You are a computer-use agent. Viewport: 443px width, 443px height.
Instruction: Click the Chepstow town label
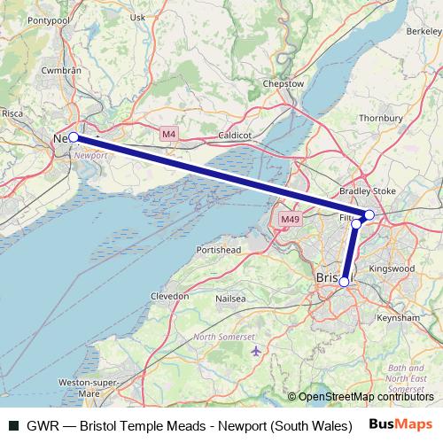[284, 84]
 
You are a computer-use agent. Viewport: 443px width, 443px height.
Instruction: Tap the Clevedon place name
[170, 296]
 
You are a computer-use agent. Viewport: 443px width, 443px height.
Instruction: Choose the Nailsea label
[229, 299]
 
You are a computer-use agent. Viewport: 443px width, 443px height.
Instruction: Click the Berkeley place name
[424, 31]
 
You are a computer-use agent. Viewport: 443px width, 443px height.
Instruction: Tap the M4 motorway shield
[169, 133]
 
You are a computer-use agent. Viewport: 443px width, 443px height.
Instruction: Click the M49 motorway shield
[289, 219]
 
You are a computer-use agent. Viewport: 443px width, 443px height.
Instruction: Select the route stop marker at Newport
[74, 137]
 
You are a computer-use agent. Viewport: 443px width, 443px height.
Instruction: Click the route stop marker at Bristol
[344, 282]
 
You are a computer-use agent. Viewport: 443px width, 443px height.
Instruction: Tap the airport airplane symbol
[256, 352]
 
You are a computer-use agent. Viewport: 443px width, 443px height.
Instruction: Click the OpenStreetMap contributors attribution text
[366, 397]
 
